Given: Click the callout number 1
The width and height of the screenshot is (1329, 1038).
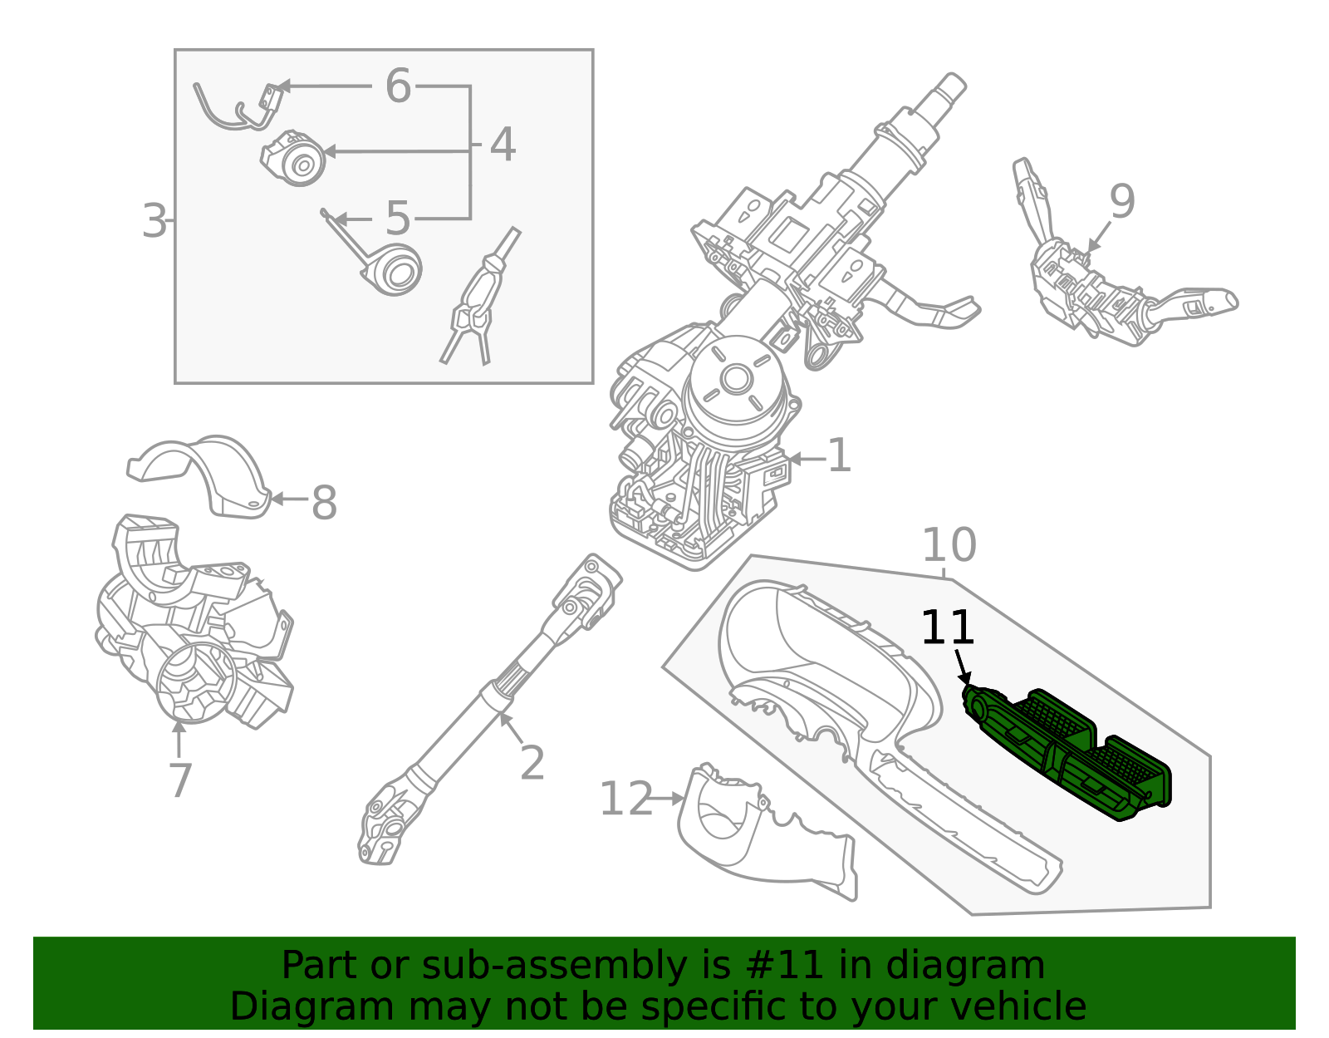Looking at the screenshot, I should [x=840, y=456].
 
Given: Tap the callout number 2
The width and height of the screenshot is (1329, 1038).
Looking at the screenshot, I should [x=532, y=763].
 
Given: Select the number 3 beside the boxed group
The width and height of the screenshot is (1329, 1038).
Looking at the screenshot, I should [x=154, y=221].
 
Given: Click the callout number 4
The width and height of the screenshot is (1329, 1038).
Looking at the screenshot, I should [x=503, y=145].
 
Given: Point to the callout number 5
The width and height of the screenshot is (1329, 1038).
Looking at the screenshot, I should [x=398, y=219].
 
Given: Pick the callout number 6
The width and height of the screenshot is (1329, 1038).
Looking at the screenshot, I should [x=398, y=86].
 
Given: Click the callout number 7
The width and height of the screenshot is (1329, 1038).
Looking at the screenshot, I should [x=180, y=780].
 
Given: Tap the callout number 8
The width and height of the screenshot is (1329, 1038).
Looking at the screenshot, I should [x=324, y=503].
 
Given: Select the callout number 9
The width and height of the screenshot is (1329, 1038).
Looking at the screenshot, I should [x=1121, y=201].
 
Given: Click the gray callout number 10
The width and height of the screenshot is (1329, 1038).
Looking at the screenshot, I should [x=949, y=545].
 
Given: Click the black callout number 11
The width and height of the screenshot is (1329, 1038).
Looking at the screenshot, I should [x=948, y=627].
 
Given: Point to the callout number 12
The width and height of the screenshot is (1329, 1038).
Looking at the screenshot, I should [x=625, y=799].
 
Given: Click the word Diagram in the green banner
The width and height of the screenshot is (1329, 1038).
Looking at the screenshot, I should [x=277, y=1006].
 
